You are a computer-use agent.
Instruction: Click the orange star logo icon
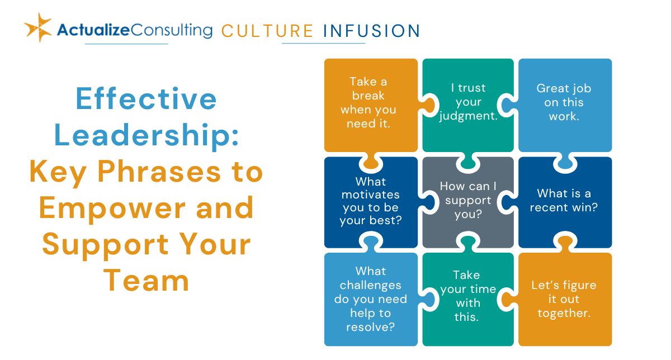click(38, 27)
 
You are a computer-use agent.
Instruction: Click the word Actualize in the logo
click(93, 30)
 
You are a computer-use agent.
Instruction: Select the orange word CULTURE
click(267, 31)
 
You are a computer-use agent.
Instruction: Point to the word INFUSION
click(372, 31)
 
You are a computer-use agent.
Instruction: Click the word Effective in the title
click(146, 98)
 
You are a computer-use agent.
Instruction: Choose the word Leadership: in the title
click(147, 135)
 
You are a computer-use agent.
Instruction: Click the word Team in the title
click(146, 281)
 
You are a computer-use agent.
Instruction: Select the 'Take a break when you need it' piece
click(371, 105)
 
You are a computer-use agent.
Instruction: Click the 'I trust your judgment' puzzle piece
click(468, 105)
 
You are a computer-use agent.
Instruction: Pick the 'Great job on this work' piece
click(565, 105)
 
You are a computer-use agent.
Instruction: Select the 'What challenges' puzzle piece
click(371, 300)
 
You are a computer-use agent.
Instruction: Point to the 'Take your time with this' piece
click(468, 300)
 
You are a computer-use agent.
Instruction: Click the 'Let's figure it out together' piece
click(565, 300)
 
